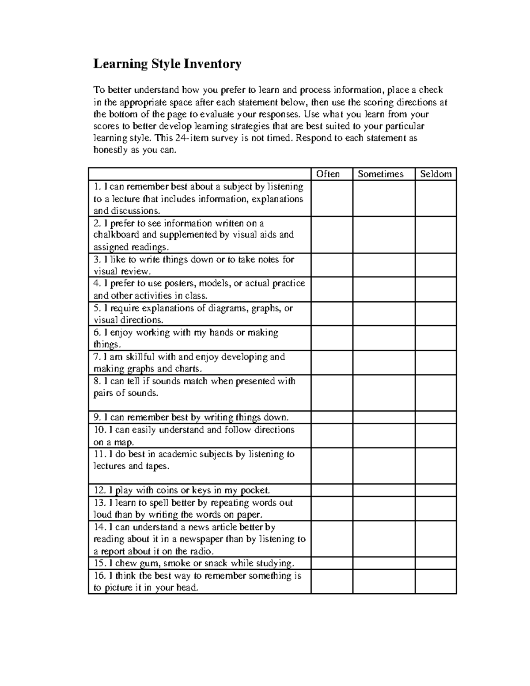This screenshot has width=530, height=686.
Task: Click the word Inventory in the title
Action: [212, 64]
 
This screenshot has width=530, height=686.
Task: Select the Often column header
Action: [328, 174]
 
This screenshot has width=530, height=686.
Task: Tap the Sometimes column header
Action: [381, 174]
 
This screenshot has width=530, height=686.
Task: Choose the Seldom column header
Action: [435, 174]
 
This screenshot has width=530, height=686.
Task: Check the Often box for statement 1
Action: [332, 198]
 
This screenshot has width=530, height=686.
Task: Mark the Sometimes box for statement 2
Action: [383, 235]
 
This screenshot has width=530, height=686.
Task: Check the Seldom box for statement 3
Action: [435, 265]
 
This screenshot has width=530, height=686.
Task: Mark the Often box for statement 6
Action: [332, 338]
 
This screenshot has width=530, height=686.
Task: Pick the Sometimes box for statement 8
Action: [383, 393]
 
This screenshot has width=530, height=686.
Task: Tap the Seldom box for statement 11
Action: [435, 466]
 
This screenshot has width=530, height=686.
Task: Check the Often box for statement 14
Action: [332, 538]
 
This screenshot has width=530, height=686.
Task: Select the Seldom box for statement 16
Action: [435, 581]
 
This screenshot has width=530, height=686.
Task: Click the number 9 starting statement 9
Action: [96, 417]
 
